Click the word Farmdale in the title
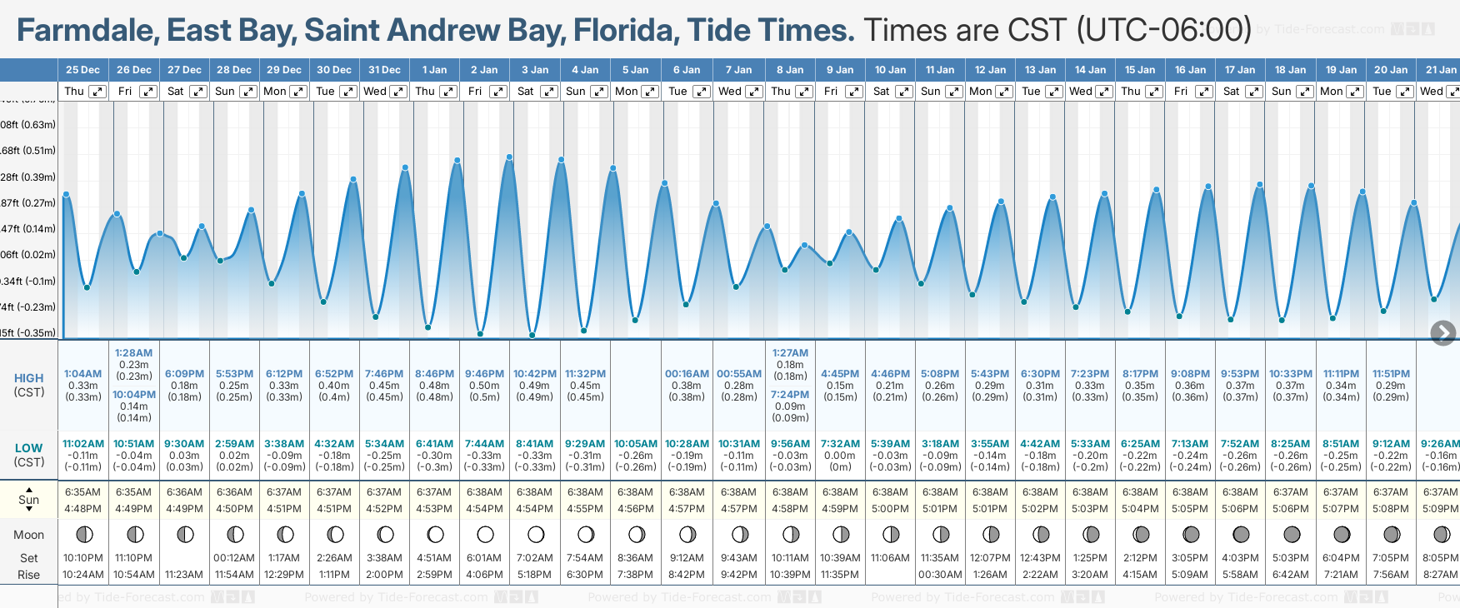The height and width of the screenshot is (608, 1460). click(x=87, y=31)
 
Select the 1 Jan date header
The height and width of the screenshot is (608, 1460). click(x=434, y=70)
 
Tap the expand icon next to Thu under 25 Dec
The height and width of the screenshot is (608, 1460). click(x=97, y=92)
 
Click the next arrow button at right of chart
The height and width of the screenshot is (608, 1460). click(x=1442, y=333)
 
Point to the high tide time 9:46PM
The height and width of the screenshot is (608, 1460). click(x=484, y=374)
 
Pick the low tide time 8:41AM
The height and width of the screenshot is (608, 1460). click(x=534, y=444)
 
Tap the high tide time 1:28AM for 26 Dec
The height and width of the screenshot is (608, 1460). click(x=133, y=353)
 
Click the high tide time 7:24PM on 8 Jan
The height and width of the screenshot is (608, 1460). click(x=790, y=395)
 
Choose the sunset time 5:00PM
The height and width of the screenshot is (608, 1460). click(x=890, y=509)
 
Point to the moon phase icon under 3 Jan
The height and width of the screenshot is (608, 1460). click(x=535, y=534)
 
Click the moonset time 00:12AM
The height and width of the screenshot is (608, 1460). click(x=234, y=558)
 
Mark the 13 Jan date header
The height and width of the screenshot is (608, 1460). click(x=1041, y=70)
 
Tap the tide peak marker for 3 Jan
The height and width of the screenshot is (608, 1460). click(x=509, y=157)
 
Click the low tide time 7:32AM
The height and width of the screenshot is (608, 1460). click(x=840, y=444)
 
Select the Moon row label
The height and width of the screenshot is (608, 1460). click(x=29, y=535)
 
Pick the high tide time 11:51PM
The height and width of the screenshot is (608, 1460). click(x=1391, y=374)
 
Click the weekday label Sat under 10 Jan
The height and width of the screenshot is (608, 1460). click(x=881, y=92)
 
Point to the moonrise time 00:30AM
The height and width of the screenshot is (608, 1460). click(x=940, y=575)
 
